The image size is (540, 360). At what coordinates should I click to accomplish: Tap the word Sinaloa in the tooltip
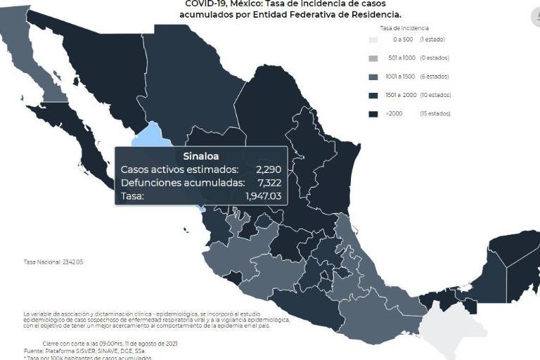coord(200,156)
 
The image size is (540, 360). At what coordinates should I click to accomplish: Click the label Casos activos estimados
coord(179,169)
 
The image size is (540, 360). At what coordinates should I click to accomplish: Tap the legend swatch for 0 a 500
coord(375,40)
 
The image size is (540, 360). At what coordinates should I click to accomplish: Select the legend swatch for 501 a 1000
coord(375,58)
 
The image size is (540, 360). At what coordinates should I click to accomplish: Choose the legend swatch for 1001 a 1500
coord(375,77)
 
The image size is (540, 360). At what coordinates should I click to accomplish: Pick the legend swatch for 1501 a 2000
coord(375,95)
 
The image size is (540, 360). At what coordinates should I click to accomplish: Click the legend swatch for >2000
coord(375,113)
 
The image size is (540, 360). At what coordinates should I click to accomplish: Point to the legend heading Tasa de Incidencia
coord(400,27)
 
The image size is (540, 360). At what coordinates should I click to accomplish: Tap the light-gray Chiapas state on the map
coord(447,330)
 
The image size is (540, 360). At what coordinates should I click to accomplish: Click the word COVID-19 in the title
coord(206,4)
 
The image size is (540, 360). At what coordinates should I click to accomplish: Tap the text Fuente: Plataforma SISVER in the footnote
coord(56,350)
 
